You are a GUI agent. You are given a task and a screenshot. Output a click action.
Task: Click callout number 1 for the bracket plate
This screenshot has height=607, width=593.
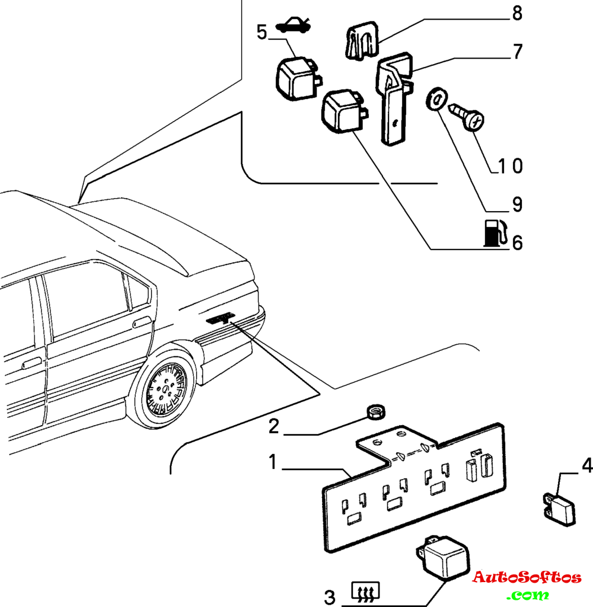(x=272, y=462)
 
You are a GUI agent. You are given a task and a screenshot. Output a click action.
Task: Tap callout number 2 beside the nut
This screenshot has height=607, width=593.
(x=273, y=426)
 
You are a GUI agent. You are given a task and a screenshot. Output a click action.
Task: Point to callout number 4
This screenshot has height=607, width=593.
(x=586, y=465)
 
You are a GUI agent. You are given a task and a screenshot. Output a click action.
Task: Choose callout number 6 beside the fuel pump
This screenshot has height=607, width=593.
(x=517, y=242)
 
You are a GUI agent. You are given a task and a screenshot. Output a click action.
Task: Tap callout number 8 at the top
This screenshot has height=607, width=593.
(x=517, y=13)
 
